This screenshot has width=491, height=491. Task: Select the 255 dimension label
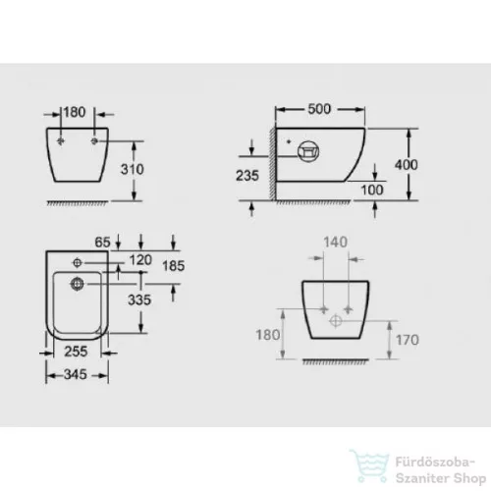click(75, 349)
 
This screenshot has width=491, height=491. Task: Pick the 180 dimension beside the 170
click(269, 335)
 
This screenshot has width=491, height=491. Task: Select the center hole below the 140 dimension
click(336, 320)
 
